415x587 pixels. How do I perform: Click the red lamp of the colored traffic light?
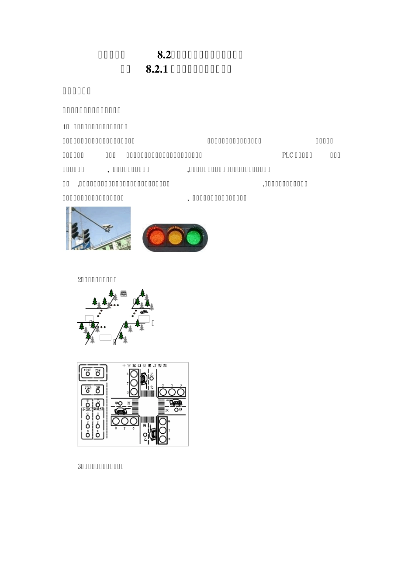157,238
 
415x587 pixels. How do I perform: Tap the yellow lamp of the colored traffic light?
175,238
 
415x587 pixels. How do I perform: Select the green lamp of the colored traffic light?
194,238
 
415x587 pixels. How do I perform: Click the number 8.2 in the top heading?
164,55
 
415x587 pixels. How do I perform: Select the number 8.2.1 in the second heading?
157,69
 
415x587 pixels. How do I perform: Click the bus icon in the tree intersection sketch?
124,293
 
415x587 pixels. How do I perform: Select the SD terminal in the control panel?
98,390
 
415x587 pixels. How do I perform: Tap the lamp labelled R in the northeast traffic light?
181,392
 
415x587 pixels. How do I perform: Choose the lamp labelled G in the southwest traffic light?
133,421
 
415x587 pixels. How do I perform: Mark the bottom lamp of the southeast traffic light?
163,439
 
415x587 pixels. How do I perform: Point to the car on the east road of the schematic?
176,402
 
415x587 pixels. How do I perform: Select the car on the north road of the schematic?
144,378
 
